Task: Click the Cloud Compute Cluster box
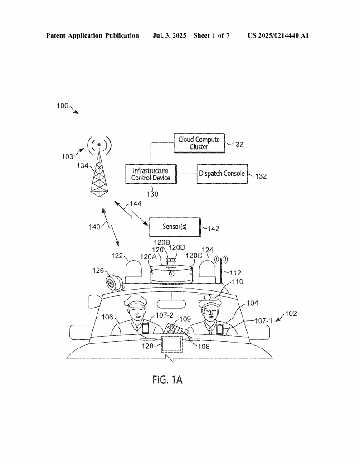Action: pos(199,143)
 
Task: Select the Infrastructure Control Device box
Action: pos(151,174)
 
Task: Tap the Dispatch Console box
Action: pos(222,174)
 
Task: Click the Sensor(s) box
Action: pos(175,227)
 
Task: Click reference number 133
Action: pos(238,145)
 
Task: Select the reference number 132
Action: pos(261,176)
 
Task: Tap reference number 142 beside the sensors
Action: pos(213,228)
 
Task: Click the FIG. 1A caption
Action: pos(168,379)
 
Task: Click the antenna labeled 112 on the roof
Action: pos(221,270)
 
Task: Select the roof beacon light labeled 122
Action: pos(134,272)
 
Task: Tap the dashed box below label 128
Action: pos(172,344)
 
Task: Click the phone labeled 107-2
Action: pos(146,329)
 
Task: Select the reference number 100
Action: pos(63,106)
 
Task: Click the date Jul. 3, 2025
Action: pos(170,36)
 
